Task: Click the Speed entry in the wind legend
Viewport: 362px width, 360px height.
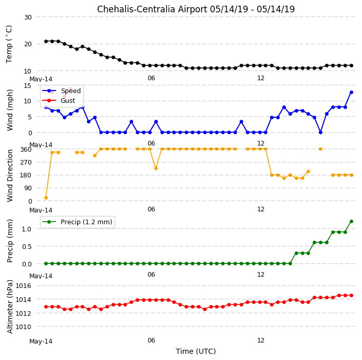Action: (70, 91)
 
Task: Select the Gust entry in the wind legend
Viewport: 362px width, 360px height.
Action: (68, 101)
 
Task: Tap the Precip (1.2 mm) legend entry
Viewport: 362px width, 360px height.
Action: (86, 222)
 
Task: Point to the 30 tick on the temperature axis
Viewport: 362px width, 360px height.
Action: (28, 17)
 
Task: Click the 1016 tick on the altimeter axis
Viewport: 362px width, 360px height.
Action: (23, 286)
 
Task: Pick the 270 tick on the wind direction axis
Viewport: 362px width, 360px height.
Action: (26, 163)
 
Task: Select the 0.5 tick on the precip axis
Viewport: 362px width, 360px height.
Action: (27, 247)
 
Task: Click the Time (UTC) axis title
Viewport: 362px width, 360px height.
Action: (196, 351)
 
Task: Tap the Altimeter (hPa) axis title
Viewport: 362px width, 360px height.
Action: (10, 307)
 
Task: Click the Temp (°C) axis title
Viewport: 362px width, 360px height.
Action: (9, 44)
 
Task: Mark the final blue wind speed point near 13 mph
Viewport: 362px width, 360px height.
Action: (351, 93)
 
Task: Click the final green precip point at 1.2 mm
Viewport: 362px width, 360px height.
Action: (351, 222)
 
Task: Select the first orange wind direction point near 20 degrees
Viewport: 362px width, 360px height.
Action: (46, 197)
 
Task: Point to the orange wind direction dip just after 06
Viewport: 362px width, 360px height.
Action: (156, 168)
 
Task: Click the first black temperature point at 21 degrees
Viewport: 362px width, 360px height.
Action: (46, 41)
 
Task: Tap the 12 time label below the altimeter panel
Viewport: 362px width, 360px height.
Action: (261, 340)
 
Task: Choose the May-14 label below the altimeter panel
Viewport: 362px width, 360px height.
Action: (41, 341)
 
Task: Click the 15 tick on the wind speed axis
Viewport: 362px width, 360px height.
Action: (28, 86)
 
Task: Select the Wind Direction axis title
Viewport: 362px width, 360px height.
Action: (10, 176)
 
